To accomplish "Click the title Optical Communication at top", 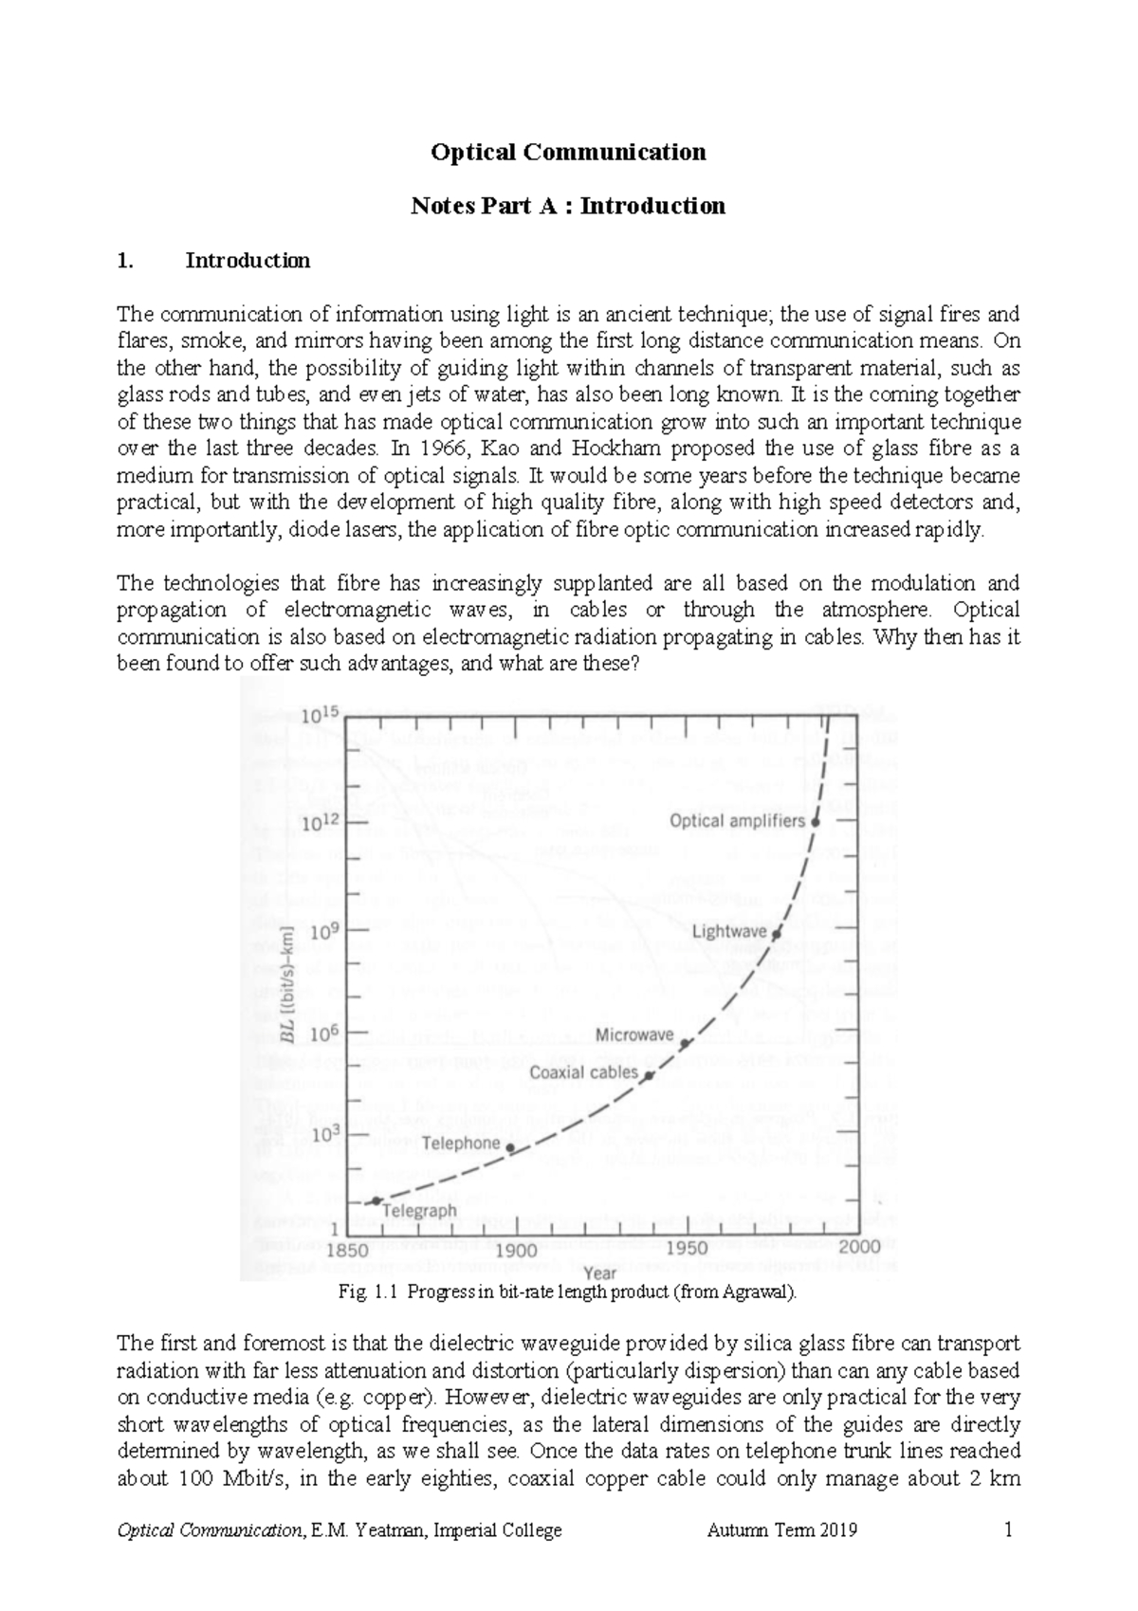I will (568, 152).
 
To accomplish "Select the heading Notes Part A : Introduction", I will (567, 206).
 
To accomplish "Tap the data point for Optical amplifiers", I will (815, 823).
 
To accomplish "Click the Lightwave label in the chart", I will (728, 931).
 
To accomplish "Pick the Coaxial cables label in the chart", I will (583, 1072).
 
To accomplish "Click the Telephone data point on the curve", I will (511, 1147).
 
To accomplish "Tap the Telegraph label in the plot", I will (419, 1211).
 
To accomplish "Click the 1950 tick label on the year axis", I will (686, 1248).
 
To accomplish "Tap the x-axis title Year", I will (599, 1272).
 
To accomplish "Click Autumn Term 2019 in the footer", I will (781, 1530).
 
